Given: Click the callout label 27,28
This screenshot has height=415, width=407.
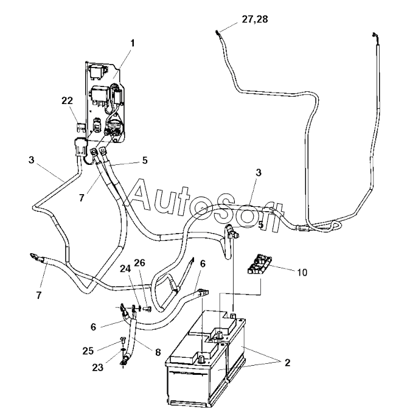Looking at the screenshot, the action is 254,19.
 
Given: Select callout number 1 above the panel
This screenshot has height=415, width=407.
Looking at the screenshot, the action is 133,43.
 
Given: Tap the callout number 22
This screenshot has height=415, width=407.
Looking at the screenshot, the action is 67,101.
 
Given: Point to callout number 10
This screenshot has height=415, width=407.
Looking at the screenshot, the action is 302,273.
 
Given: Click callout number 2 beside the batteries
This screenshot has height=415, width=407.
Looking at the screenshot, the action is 287,362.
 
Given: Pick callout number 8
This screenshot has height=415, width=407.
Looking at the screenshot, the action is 158,352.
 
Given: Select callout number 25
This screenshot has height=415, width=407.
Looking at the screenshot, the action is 88,350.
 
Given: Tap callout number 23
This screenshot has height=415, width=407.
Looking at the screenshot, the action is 98,368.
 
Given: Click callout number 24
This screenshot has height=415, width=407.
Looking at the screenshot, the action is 125,269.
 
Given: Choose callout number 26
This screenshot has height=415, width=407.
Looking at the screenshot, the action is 139,263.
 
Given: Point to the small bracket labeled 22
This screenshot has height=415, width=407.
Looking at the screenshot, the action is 80,127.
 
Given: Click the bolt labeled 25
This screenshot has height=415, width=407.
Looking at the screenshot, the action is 123,341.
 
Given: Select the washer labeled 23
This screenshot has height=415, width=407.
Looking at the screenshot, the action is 122,350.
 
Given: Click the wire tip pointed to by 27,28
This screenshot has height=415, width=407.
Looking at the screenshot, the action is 217,33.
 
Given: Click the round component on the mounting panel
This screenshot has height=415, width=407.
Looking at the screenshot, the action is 114,125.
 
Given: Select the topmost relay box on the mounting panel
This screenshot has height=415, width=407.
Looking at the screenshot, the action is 97,71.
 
